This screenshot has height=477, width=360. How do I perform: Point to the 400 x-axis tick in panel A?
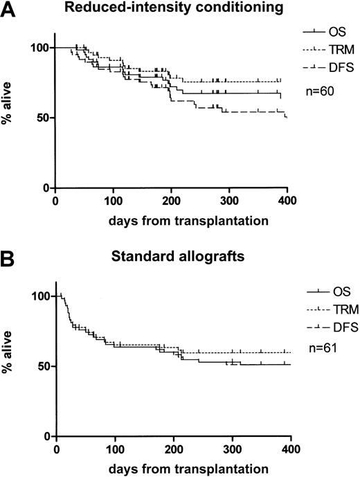click(277, 201)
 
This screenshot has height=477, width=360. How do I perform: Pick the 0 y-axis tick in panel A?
click(46, 188)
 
